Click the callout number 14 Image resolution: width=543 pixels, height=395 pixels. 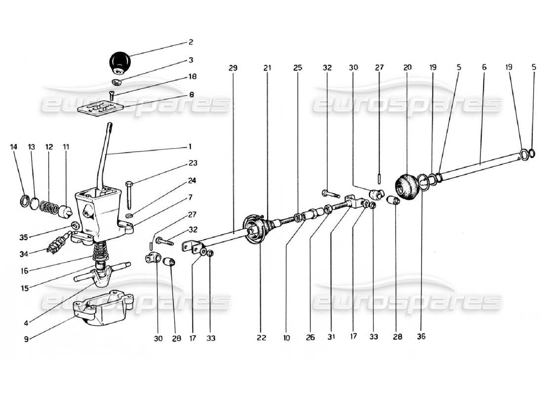[x=14, y=147]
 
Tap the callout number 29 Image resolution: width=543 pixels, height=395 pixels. [x=233, y=68]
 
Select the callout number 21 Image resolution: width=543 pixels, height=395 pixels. [x=267, y=68]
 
